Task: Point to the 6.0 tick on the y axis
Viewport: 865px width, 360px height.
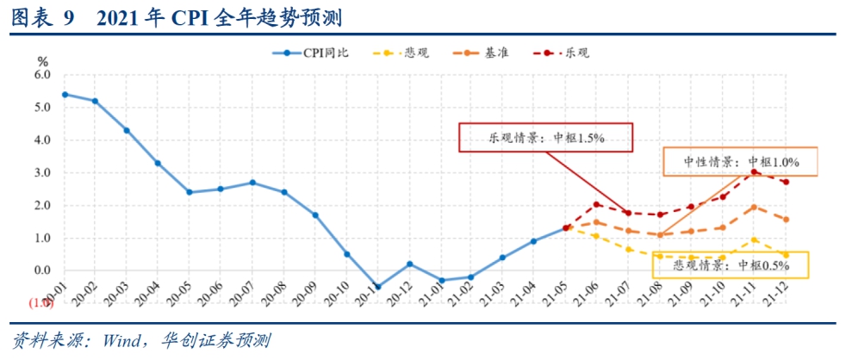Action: point(42,75)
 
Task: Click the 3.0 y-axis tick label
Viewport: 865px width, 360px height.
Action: point(42,173)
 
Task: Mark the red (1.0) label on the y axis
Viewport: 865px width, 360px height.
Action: point(40,303)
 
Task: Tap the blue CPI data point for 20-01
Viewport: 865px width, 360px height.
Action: point(65,94)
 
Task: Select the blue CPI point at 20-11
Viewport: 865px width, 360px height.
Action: point(378,287)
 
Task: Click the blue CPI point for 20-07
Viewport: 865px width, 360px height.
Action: point(252,183)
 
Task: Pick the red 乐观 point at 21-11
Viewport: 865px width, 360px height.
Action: point(754,171)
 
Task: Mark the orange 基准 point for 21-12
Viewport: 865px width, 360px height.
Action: point(786,220)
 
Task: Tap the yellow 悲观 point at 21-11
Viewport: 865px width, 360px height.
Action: point(754,240)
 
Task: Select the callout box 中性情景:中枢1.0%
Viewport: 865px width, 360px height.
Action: point(741,161)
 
